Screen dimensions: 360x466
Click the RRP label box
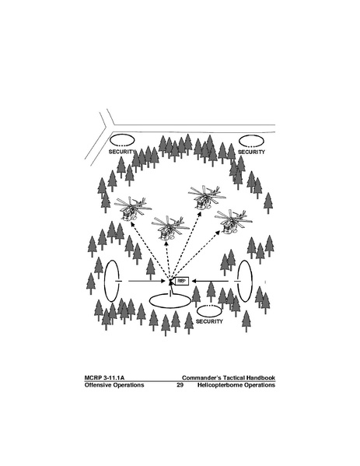click(x=181, y=281)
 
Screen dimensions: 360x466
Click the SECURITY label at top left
click(x=122, y=152)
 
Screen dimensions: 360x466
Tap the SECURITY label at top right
click(x=251, y=152)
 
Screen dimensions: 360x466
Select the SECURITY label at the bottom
click(x=209, y=321)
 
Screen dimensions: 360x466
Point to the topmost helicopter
click(x=206, y=197)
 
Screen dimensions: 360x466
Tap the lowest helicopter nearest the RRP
click(x=170, y=228)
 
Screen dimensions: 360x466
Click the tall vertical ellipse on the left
click(x=104, y=281)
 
